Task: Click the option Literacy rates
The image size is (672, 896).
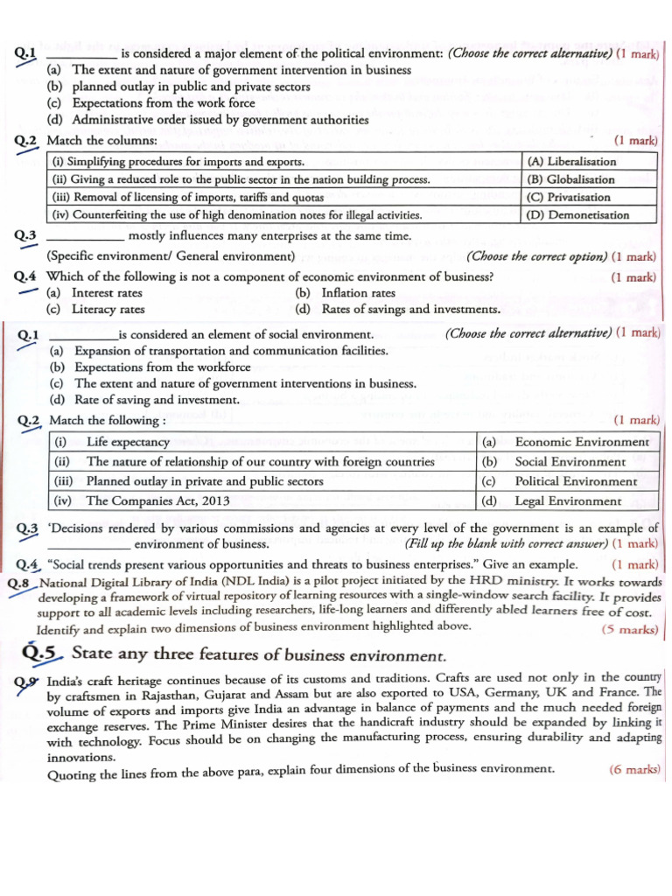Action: tap(108, 310)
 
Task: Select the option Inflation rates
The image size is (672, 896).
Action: tap(358, 293)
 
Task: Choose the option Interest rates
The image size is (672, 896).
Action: tap(107, 293)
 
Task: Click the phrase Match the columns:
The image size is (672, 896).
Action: tap(101, 141)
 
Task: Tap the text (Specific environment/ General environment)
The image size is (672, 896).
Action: tap(170, 256)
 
